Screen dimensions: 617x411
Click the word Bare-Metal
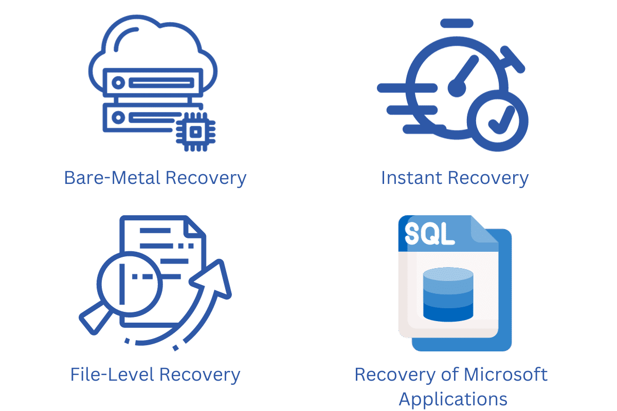(x=112, y=178)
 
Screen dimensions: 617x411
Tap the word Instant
(x=412, y=178)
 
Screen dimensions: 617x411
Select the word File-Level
(x=112, y=375)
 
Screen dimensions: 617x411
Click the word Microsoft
(x=506, y=375)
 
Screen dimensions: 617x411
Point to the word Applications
(x=453, y=399)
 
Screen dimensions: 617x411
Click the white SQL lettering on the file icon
(x=429, y=233)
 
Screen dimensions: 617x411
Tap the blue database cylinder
(x=448, y=294)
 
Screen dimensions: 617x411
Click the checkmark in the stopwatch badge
(x=501, y=120)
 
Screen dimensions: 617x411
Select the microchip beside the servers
(x=195, y=132)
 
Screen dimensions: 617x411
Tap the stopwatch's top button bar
(x=457, y=24)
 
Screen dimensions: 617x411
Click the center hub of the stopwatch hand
(x=457, y=88)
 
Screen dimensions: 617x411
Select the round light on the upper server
(x=118, y=83)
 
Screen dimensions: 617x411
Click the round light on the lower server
(x=118, y=118)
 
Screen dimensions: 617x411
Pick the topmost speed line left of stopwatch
(x=407, y=88)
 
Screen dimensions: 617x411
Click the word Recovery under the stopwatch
(x=488, y=178)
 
